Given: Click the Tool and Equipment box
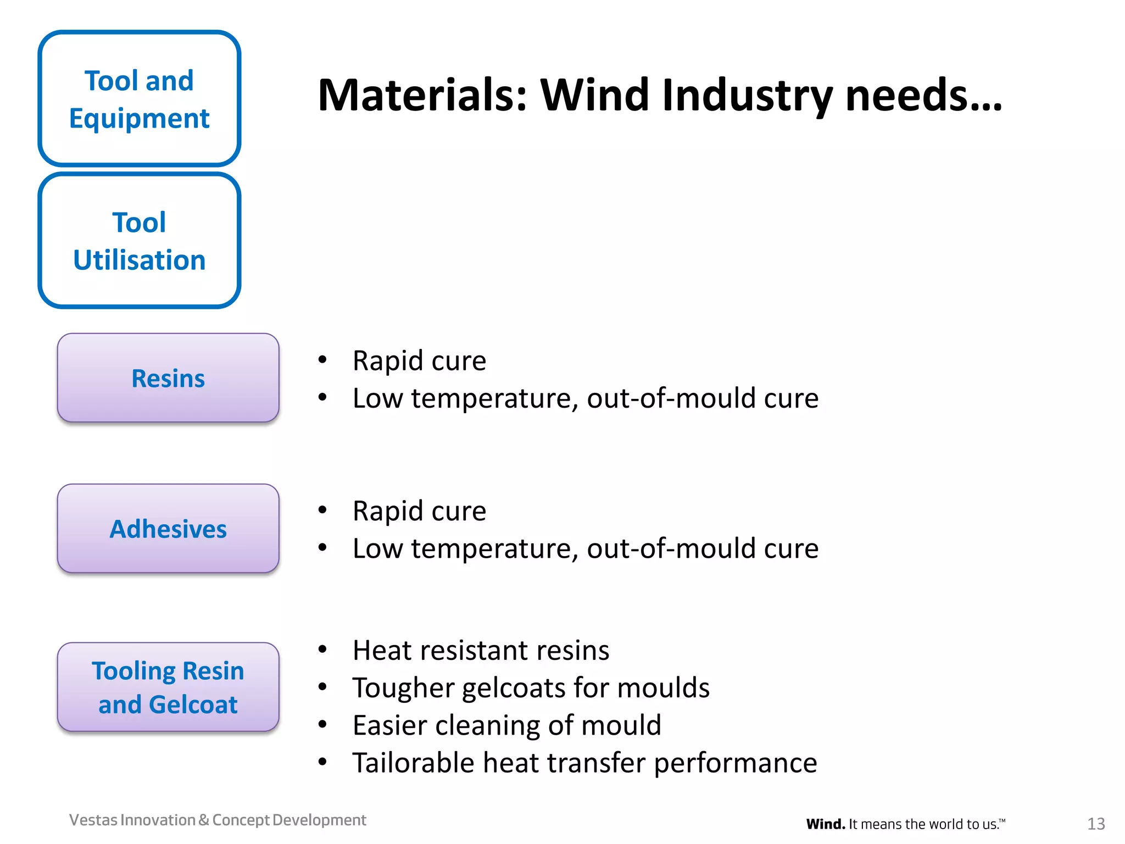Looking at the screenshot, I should pyautogui.click(x=139, y=99).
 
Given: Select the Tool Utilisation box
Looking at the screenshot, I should pyautogui.click(x=139, y=241).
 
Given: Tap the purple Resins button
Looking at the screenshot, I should pyautogui.click(x=168, y=378).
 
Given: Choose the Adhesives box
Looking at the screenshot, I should pyautogui.click(x=168, y=529).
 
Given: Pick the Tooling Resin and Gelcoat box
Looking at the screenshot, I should pyautogui.click(x=168, y=687).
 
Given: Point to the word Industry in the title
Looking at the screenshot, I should pyautogui.click(x=747, y=95).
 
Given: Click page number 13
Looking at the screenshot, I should pyautogui.click(x=1096, y=824).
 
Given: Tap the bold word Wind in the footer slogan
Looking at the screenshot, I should pyautogui.click(x=825, y=824).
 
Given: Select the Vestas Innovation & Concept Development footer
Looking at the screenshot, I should pyautogui.click(x=218, y=820).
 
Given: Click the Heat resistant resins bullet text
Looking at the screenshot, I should pyautogui.click(x=481, y=651).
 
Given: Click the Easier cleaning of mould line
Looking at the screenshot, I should pyautogui.click(x=506, y=725).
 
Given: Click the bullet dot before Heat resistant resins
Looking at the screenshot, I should pyautogui.click(x=322, y=650).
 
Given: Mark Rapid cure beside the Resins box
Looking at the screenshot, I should pyautogui.click(x=419, y=361).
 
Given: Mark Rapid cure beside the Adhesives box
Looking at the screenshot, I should pyautogui.click(x=419, y=512).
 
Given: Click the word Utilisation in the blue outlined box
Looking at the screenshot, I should pyautogui.click(x=139, y=260).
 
